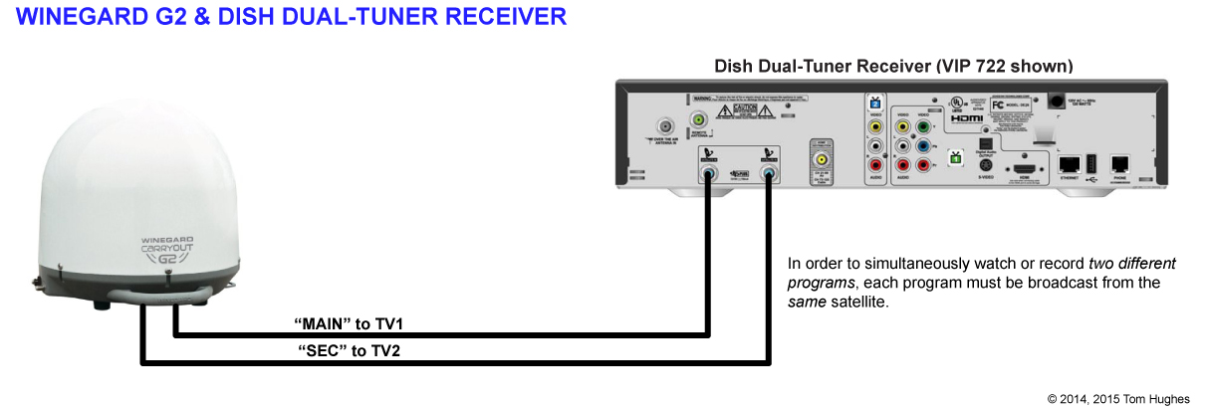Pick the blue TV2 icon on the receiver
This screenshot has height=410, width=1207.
(x=875, y=102)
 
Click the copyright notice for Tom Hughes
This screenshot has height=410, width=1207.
(x=1118, y=398)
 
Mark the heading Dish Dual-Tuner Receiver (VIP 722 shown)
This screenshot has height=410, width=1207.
(x=892, y=67)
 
